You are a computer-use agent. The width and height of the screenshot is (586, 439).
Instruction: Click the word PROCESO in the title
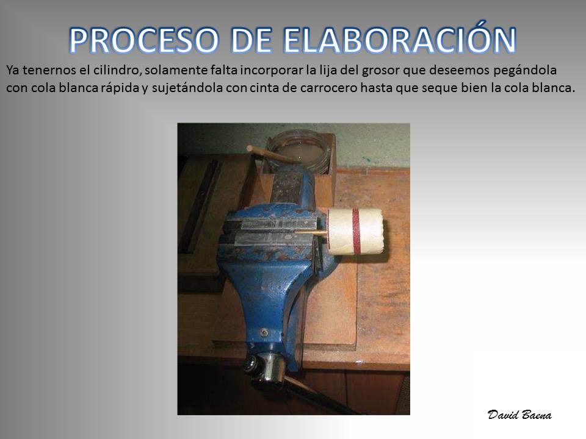tap(143, 41)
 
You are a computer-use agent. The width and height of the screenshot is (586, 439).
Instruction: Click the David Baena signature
tap(519, 415)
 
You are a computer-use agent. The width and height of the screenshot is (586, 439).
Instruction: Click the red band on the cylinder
tap(356, 230)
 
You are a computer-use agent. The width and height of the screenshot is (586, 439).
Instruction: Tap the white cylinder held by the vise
tap(355, 232)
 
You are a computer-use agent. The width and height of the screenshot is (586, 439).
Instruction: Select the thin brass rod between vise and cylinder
tap(310, 233)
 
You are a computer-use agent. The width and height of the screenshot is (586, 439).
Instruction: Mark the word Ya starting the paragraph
tap(12, 70)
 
